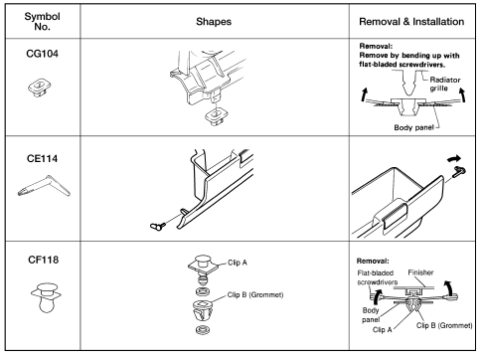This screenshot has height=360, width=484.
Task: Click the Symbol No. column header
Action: [x=42, y=21]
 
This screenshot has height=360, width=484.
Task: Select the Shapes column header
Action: [x=214, y=22]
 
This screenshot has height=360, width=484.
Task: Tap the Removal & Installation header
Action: [x=411, y=22]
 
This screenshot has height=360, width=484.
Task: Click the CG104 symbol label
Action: [x=42, y=54]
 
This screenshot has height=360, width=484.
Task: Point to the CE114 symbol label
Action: [x=42, y=158]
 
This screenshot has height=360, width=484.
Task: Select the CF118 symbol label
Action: [x=43, y=260]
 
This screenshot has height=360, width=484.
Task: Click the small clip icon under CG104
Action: [x=40, y=88]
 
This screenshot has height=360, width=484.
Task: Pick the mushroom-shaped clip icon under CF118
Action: [x=46, y=297]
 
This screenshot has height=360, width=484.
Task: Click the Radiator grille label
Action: [x=444, y=84]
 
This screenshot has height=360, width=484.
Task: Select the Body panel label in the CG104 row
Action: [x=413, y=127]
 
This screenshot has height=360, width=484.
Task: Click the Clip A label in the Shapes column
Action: [x=238, y=263]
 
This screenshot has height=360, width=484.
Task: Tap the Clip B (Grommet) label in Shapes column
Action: [x=255, y=295]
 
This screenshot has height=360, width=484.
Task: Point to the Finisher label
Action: [x=420, y=272]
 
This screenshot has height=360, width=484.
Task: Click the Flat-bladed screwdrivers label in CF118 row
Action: [x=377, y=277]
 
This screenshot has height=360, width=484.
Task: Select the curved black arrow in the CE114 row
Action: [x=454, y=158]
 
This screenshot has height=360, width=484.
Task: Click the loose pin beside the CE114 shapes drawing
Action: [x=157, y=227]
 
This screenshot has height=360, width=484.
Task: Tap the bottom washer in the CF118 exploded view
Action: [x=203, y=330]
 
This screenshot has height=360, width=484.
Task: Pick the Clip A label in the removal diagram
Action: [x=382, y=330]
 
